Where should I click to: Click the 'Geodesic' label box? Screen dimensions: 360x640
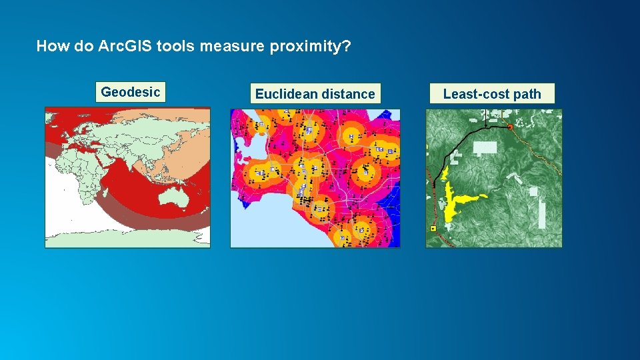(x=131, y=92)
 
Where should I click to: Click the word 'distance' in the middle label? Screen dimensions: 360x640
(x=347, y=94)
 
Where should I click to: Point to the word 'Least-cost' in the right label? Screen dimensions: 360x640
(x=474, y=94)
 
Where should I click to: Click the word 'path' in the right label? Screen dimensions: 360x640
(x=527, y=94)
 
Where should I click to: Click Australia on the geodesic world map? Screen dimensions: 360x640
(x=179, y=196)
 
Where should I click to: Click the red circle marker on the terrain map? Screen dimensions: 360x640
(x=510, y=126)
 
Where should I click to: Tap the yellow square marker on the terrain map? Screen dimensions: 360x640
(x=433, y=229)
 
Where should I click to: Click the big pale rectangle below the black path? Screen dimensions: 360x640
(x=485, y=146)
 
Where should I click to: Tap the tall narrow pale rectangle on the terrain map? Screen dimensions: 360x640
(x=541, y=214)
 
